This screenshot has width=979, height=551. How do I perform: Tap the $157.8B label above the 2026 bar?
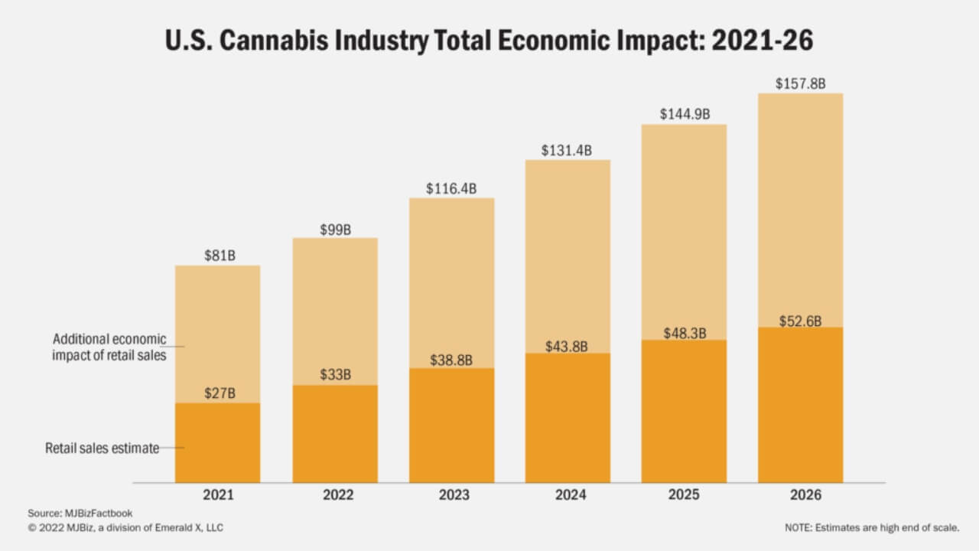[x=800, y=83]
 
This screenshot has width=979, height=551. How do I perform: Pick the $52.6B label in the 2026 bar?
[x=800, y=321]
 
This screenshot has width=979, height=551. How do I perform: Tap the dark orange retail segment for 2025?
[x=684, y=413]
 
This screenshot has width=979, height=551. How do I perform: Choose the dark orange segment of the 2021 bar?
[x=218, y=444]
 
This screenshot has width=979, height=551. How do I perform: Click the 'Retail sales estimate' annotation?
[x=102, y=448]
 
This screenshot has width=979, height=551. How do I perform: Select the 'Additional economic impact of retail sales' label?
[x=109, y=347]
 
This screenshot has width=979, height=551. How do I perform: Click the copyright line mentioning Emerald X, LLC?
[x=126, y=527]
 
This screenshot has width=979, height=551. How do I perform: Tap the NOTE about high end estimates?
[x=871, y=527]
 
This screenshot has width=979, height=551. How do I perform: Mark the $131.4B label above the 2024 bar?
[x=567, y=151]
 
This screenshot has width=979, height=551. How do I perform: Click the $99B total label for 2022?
[x=334, y=229]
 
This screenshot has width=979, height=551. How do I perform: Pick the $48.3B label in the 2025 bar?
[x=684, y=333]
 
